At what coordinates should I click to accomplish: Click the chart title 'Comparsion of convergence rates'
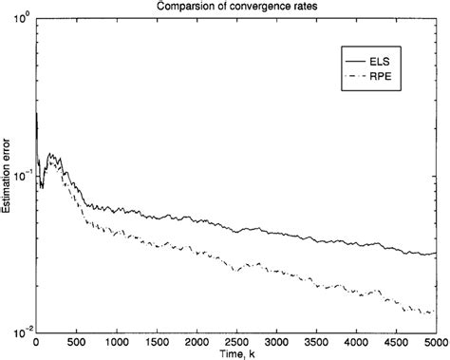[x=237, y=8]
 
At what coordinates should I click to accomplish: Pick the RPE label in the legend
[x=394, y=73]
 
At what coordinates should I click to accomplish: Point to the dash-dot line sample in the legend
[x=361, y=73]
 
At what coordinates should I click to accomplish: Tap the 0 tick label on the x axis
[x=37, y=341]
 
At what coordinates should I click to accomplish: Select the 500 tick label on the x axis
[x=77, y=341]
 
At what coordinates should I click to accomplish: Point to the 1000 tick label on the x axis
[x=117, y=341]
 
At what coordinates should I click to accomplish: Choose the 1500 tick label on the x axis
[x=157, y=341]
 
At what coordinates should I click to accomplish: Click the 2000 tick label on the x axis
[x=197, y=341]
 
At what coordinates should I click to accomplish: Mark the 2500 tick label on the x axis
[x=236, y=341]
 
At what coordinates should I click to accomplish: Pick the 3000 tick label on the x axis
[x=276, y=341]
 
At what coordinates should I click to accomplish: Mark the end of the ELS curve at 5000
[x=436, y=254]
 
